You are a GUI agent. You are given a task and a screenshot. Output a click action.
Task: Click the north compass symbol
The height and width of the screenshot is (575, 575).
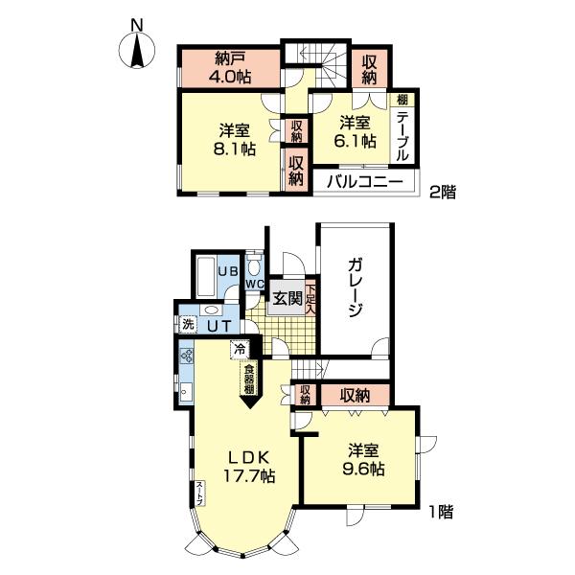(138, 48)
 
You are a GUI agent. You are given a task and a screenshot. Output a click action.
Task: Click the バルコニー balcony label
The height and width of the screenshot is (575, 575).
(362, 180)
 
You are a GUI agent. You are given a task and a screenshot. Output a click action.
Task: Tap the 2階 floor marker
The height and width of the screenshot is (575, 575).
(442, 191)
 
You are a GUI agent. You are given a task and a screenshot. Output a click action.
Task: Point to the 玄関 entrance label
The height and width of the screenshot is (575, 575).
(287, 297)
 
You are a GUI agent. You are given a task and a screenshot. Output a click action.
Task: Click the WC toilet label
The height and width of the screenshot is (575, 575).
(253, 285)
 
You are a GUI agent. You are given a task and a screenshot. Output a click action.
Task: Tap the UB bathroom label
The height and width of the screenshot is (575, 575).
(226, 271)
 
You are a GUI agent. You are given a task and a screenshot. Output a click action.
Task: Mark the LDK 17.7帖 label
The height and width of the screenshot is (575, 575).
(252, 466)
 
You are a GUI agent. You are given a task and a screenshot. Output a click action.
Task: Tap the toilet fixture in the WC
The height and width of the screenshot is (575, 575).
(253, 264)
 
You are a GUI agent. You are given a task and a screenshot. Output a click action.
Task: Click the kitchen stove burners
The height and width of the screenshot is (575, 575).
(186, 361)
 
